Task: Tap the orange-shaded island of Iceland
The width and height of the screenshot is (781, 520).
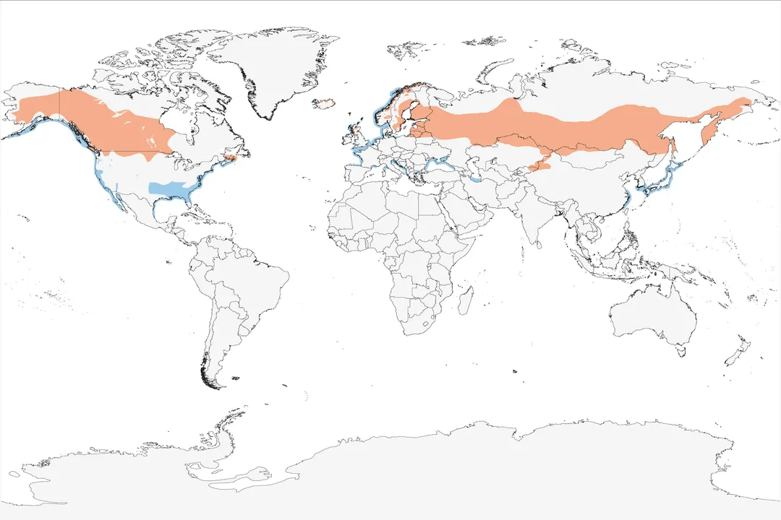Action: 325,103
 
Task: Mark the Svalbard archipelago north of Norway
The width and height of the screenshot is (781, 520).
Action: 409,49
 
